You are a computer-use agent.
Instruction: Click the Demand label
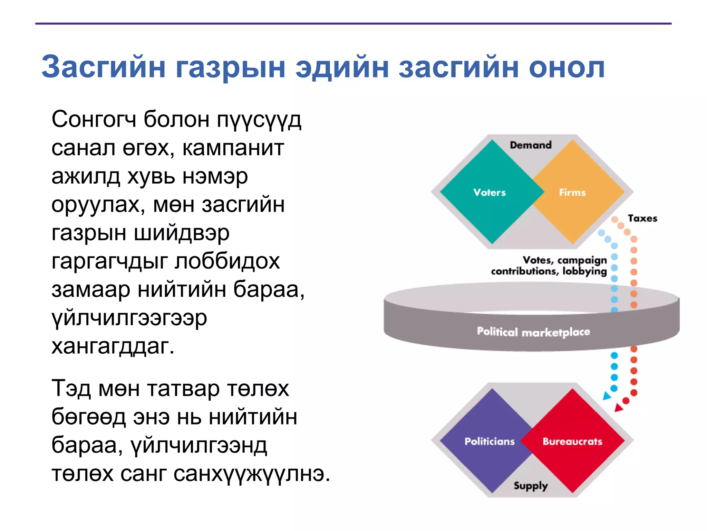(531, 145)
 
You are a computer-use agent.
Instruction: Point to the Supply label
(531, 486)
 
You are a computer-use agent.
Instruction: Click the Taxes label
(642, 218)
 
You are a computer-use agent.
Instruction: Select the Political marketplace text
(533, 332)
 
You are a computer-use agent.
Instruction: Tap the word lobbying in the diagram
(584, 271)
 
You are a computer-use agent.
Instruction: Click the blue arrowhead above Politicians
(607, 396)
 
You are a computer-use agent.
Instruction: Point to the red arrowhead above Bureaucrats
(619, 408)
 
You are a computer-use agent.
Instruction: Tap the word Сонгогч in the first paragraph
(94, 120)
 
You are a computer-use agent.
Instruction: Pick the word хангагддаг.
(113, 346)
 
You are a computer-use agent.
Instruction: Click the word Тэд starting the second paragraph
(71, 389)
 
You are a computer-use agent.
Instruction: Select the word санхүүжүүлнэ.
(252, 474)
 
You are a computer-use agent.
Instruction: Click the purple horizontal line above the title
(353, 24)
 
